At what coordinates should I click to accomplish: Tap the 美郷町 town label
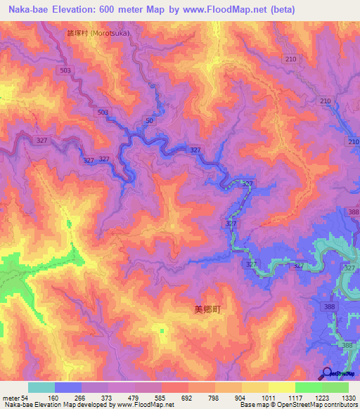point(207,309)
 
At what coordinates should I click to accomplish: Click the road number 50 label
point(149,122)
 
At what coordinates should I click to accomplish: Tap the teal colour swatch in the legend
point(41,387)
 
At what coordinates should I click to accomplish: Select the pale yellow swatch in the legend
point(281,387)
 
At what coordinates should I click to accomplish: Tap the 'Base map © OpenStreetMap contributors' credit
point(297,405)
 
